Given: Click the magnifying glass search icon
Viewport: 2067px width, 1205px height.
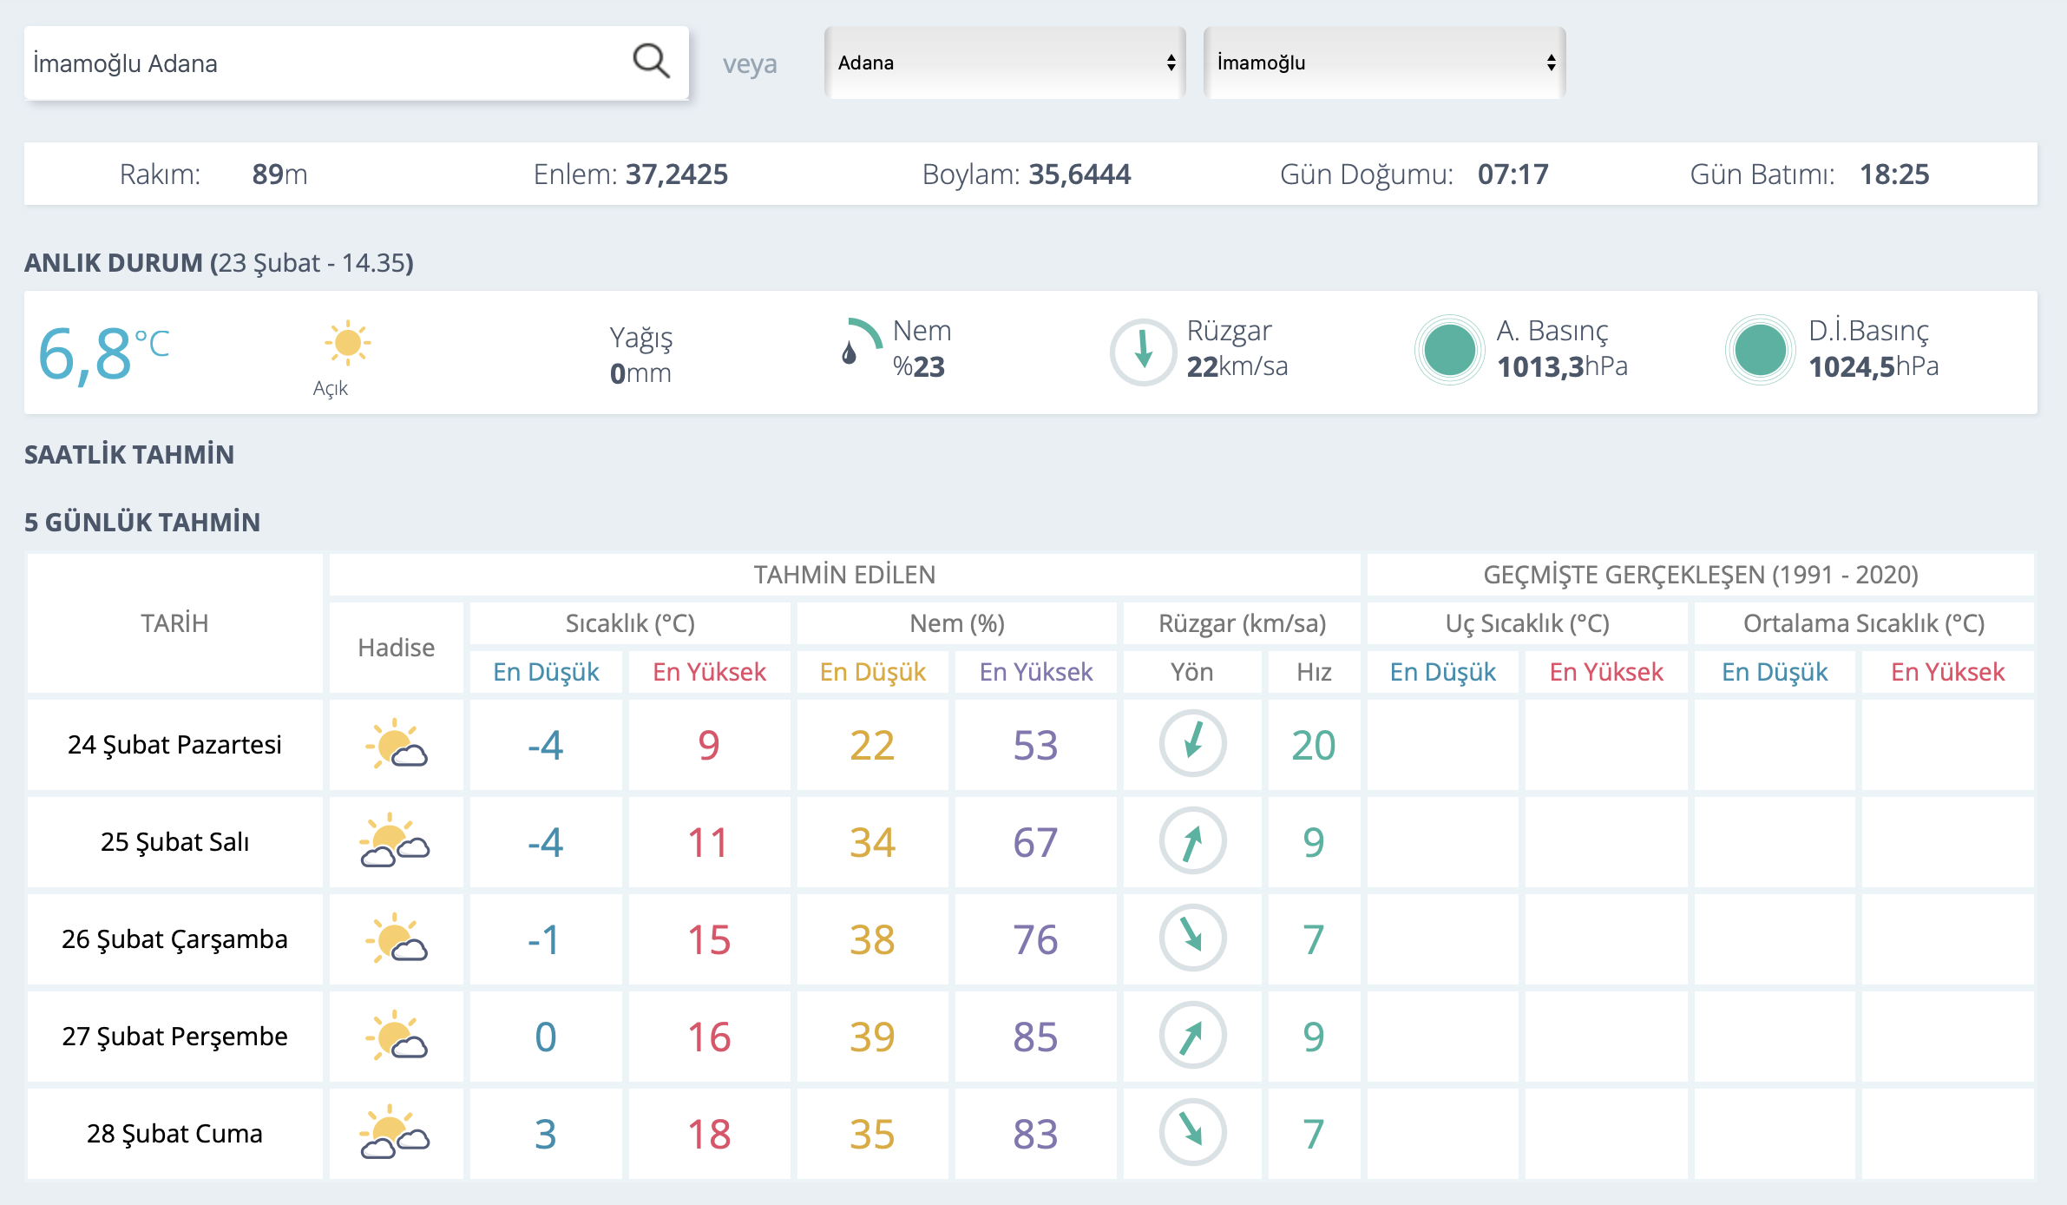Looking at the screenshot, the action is (x=651, y=62).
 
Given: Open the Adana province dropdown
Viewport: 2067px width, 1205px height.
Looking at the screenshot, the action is (x=1005, y=63).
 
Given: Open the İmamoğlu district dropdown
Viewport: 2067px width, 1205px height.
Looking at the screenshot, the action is (x=1385, y=63).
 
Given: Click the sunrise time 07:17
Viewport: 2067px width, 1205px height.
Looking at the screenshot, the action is (x=1513, y=174).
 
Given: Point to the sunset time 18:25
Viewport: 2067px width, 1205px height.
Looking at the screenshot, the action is (x=1894, y=174).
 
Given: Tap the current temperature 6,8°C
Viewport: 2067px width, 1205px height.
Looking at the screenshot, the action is (x=103, y=354).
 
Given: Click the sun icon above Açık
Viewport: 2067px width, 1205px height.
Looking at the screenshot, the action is (x=348, y=342).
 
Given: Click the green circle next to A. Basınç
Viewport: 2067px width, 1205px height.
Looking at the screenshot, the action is (x=1449, y=350).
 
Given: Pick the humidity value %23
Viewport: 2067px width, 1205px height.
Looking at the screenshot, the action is (x=919, y=366).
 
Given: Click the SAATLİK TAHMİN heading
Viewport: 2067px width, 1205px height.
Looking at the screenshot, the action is (x=129, y=455).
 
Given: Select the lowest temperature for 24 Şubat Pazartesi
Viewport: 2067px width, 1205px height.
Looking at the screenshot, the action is (x=545, y=745).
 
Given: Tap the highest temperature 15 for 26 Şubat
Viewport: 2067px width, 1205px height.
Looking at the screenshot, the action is (x=709, y=939).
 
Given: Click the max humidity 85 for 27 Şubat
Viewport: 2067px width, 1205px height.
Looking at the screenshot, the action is (x=1035, y=1037).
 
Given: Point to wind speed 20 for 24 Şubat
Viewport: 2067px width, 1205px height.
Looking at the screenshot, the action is (x=1314, y=745).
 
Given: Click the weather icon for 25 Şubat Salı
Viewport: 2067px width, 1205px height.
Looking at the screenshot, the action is (x=395, y=840).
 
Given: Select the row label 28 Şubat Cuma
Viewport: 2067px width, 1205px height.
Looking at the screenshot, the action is (x=174, y=1134).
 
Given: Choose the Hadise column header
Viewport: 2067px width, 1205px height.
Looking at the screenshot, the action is (x=397, y=648).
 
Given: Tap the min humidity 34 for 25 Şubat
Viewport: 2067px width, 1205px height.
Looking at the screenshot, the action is (x=872, y=842).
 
